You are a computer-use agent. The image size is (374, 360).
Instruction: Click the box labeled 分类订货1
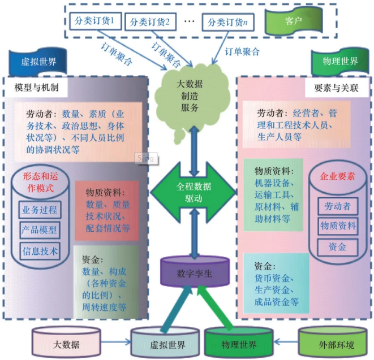tap(94, 22)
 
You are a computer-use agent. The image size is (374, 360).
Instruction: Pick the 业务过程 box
tap(39, 210)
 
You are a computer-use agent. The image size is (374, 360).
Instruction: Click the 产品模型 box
tap(39, 230)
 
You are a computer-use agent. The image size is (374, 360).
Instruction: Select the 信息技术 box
tap(39, 250)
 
